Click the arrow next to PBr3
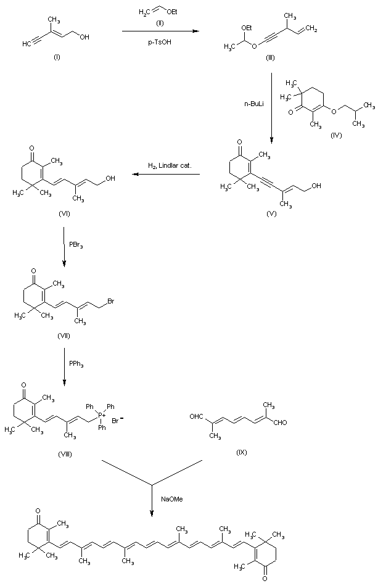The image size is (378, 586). coord(65,245)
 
